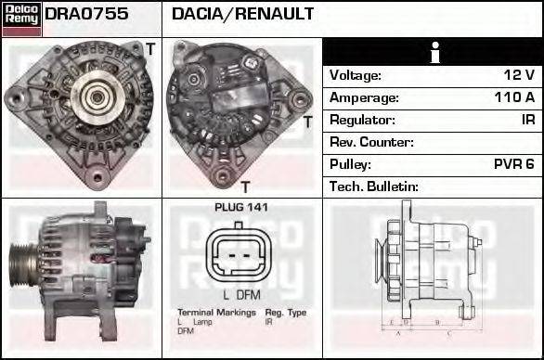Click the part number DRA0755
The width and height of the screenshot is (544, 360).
[86, 15]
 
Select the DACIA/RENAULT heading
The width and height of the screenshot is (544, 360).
[242, 15]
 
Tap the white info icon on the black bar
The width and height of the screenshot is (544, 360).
[432, 53]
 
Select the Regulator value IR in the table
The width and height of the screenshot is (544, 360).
[527, 120]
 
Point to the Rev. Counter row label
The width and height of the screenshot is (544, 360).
[371, 142]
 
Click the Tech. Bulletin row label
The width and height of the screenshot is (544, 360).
[375, 186]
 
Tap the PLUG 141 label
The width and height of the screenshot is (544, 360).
[240, 207]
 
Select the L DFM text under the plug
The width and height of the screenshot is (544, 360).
[240, 294]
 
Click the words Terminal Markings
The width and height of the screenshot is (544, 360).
[216, 313]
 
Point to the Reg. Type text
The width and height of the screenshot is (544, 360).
[285, 313]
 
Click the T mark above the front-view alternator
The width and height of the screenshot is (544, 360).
[149, 47]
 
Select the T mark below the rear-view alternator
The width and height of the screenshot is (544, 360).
[246, 186]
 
